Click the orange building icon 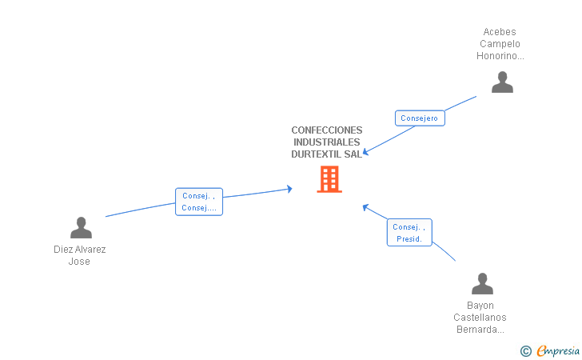click(x=329, y=179)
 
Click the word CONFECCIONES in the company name click(x=326, y=130)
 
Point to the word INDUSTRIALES click(x=326, y=142)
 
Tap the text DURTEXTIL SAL click(x=326, y=154)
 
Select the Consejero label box click(x=420, y=118)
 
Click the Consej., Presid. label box click(x=409, y=233)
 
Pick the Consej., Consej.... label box click(x=199, y=202)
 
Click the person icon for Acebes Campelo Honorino click(x=502, y=82)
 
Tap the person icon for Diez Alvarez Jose click(x=81, y=228)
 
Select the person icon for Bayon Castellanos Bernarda click(x=482, y=284)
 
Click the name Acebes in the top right click(x=500, y=32)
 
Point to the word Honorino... click(x=500, y=56)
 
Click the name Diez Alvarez click(x=80, y=250)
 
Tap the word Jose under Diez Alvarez click(x=79, y=262)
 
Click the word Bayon click(x=480, y=305)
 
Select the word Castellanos click(x=480, y=317)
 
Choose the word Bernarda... click(x=480, y=329)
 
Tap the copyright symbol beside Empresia click(x=525, y=350)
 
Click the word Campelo click(x=500, y=44)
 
